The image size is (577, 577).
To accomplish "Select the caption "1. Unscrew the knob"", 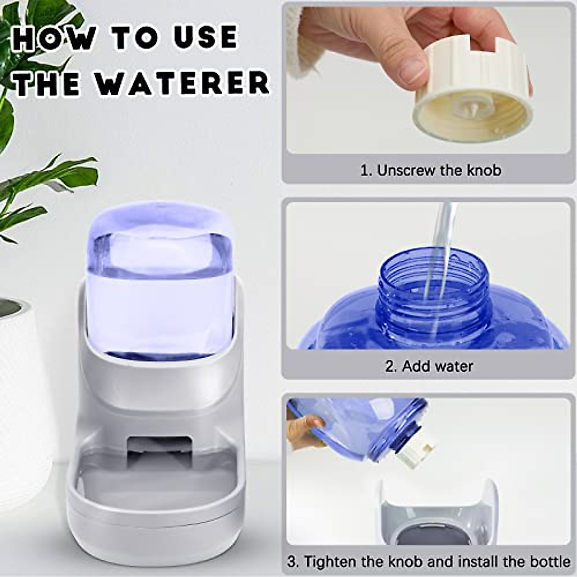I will [430, 170].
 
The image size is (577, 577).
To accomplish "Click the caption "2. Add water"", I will [429, 366].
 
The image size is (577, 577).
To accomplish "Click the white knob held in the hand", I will [474, 96].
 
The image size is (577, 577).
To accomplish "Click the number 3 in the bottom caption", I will [292, 561].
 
